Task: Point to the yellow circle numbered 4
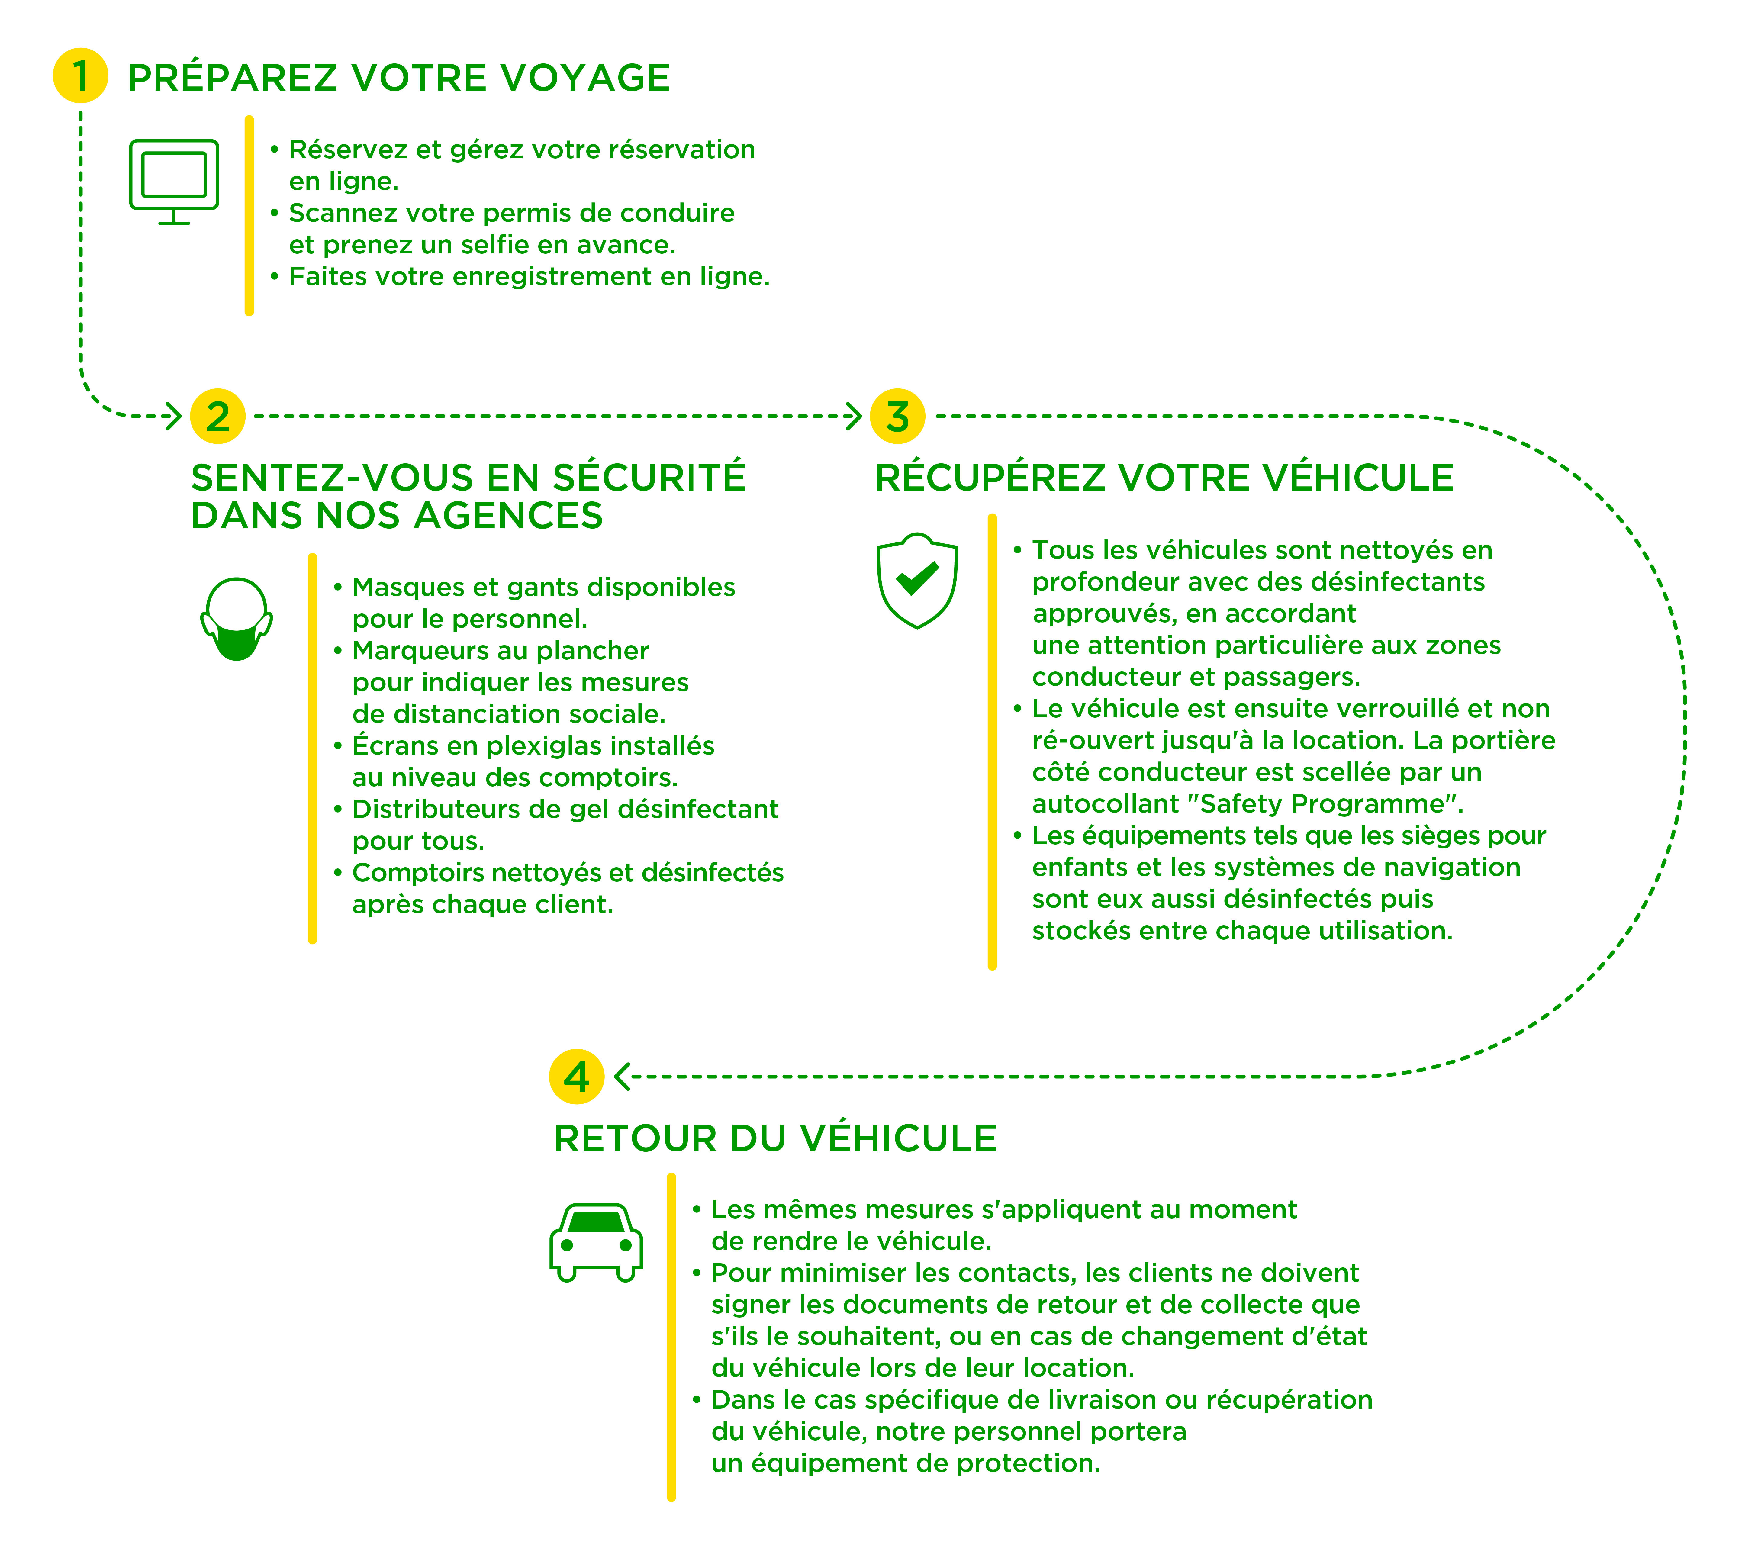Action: [x=577, y=1077]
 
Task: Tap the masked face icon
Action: [x=237, y=620]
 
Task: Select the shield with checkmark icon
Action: [x=917, y=581]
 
